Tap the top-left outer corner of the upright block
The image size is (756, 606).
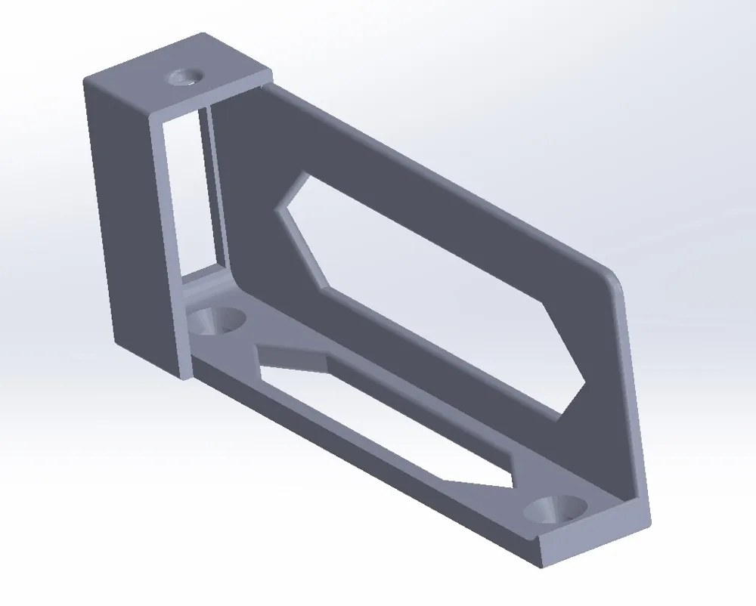85,80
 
